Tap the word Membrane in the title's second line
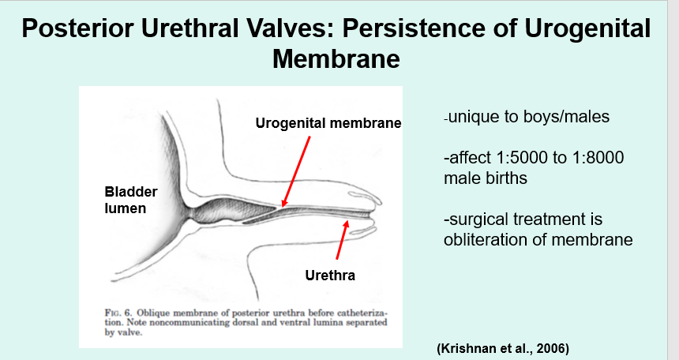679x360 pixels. [336, 58]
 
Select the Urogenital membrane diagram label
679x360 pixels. [328, 123]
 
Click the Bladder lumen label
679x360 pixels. [132, 201]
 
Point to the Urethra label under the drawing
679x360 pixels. [330, 276]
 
